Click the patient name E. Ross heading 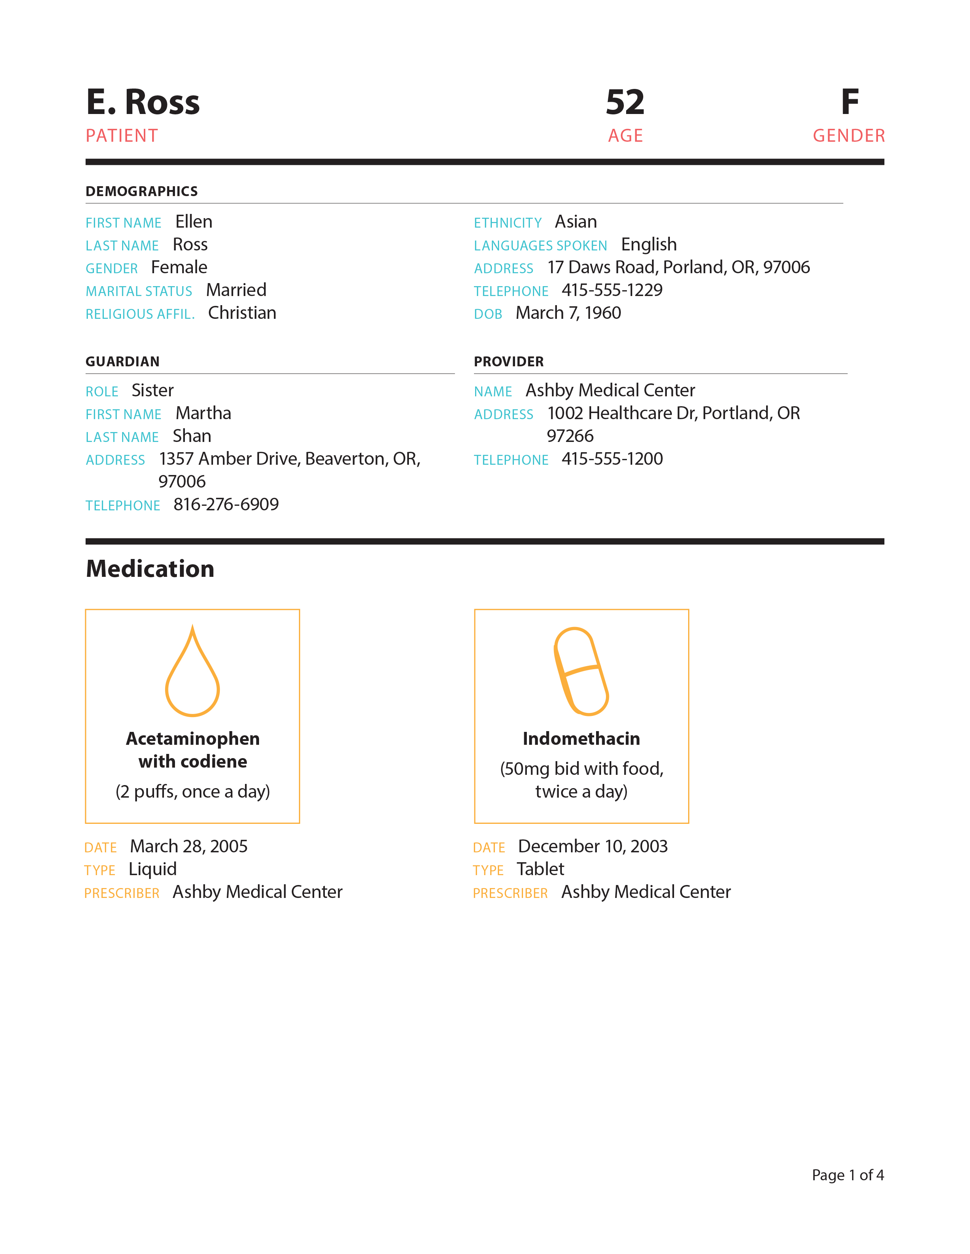[143, 102]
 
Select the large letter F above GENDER [849, 102]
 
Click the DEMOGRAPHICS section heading [142, 191]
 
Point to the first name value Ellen [194, 222]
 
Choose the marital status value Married [236, 290]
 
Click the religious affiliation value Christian [242, 313]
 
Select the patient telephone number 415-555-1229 [611, 290]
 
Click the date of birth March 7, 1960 [568, 313]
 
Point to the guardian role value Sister [152, 390]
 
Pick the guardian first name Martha [204, 413]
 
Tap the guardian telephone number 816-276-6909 [226, 505]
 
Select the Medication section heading [150, 569]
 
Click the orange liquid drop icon [192, 673]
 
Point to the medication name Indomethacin [581, 739]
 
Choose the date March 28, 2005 [188, 846]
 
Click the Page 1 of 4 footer [847, 1175]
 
